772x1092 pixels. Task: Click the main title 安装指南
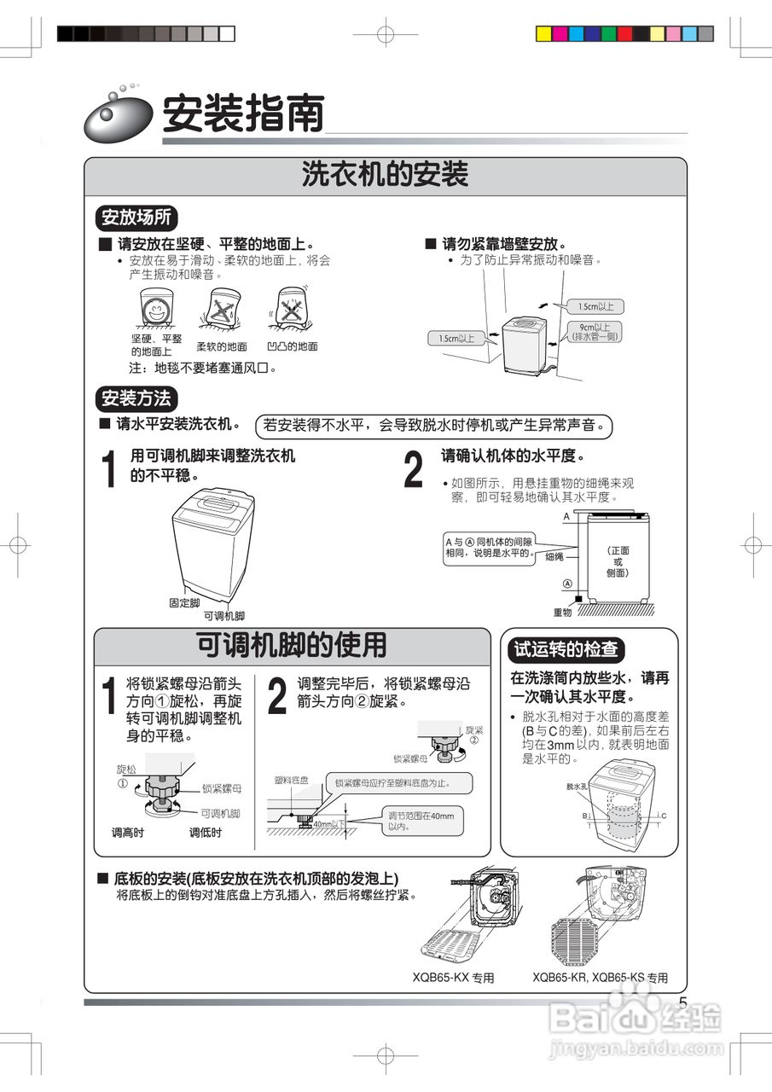(x=243, y=113)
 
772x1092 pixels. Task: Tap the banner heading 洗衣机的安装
(x=385, y=175)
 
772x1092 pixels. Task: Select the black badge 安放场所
(x=136, y=217)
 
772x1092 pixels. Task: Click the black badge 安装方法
(x=136, y=398)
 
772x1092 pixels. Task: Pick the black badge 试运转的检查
(x=566, y=649)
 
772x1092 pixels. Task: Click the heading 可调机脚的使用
(x=292, y=646)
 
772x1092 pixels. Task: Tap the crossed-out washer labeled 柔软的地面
(x=221, y=308)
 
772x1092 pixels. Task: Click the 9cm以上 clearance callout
(x=595, y=332)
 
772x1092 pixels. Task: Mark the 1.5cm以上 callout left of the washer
(x=456, y=338)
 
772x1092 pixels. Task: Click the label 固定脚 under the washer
(x=184, y=602)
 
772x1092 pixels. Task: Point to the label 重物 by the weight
(x=562, y=612)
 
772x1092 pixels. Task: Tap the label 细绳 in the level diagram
(x=554, y=556)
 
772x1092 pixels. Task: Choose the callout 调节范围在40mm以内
(x=421, y=821)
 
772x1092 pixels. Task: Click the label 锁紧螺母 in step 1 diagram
(x=222, y=789)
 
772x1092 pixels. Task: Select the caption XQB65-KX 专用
(x=453, y=978)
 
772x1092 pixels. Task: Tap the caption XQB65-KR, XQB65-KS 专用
(x=600, y=978)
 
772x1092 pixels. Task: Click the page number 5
(x=682, y=1002)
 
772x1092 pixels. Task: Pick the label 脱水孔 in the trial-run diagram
(x=578, y=786)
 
